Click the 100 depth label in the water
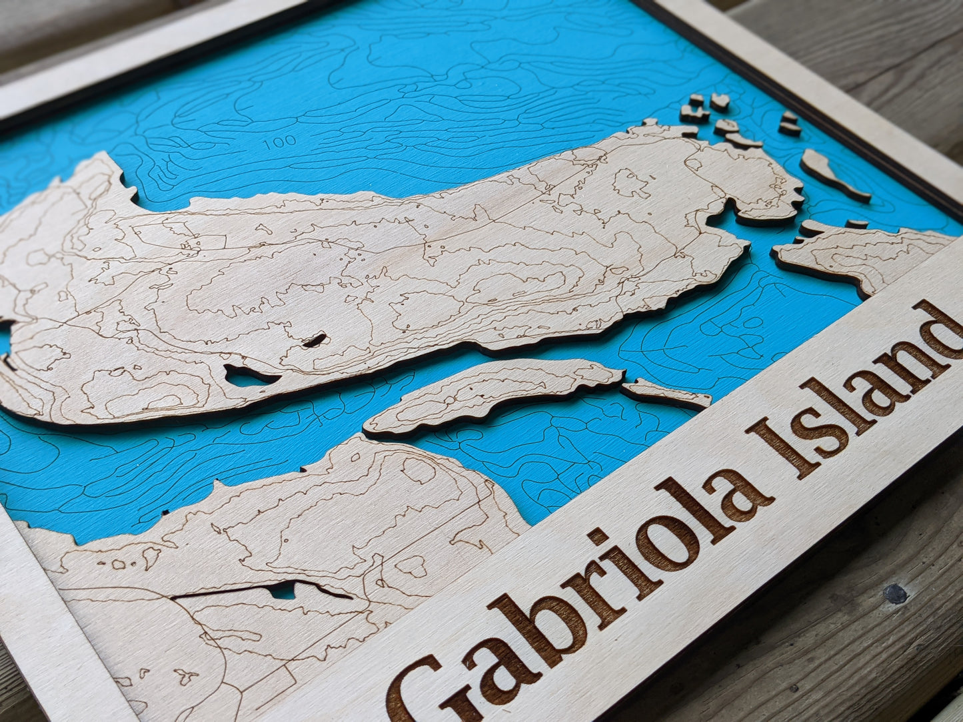(x=280, y=142)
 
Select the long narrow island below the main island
(x=493, y=393)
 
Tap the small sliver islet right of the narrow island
(x=666, y=394)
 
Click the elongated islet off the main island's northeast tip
(x=834, y=175)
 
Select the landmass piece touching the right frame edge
(x=866, y=256)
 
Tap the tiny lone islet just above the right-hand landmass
(x=856, y=224)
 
